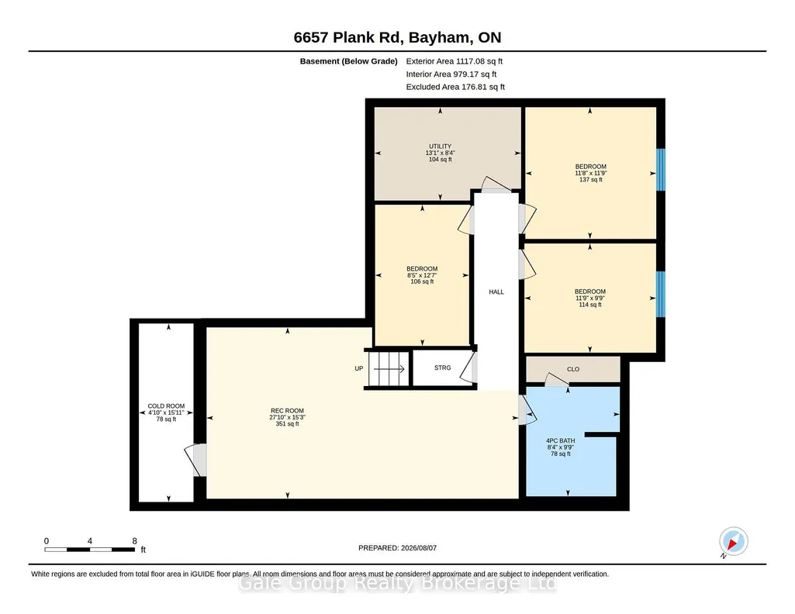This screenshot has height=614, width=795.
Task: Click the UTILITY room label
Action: coord(440,147)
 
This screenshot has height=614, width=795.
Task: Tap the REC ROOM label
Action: coord(287,411)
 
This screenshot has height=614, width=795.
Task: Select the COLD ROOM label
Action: coord(166,406)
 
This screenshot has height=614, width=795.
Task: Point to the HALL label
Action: coord(496,291)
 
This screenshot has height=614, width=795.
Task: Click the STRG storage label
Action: coord(443,367)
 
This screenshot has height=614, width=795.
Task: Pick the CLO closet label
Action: coord(573,369)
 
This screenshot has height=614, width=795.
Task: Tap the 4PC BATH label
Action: coord(561,441)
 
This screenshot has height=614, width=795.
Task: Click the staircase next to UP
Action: coord(389,369)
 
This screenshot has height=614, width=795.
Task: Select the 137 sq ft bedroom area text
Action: coord(591,180)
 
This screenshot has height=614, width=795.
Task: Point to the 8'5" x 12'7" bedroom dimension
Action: coord(422,275)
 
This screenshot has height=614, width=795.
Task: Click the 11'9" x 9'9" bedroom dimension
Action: coord(590,298)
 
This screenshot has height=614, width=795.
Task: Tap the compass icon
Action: coord(733,542)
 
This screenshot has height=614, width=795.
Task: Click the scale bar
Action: coord(90,550)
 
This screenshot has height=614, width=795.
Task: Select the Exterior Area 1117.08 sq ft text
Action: coord(455,61)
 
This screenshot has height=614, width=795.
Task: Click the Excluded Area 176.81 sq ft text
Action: coord(455,87)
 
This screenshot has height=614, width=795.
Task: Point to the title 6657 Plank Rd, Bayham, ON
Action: coord(397,37)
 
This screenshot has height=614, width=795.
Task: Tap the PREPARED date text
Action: coord(397,548)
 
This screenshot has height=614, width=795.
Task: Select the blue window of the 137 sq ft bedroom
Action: coord(661,170)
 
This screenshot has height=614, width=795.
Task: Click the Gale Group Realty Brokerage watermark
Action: coord(397,584)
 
